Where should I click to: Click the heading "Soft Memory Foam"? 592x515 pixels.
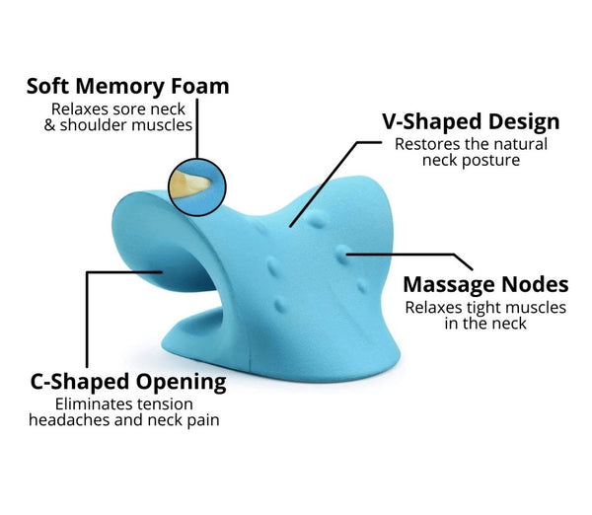click(127, 87)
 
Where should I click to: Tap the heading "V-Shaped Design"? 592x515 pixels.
click(471, 121)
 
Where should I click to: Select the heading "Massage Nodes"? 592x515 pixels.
click(485, 284)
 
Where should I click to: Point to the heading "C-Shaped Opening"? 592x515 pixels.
click(128, 382)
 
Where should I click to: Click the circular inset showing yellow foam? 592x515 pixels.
click(197, 187)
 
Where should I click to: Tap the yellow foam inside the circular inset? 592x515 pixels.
click(188, 184)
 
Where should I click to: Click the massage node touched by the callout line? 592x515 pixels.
click(342, 254)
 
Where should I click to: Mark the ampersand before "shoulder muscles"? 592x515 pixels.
click(49, 125)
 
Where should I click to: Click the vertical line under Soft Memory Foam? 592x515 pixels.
click(197, 128)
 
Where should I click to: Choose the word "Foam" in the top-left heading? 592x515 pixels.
click(200, 87)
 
